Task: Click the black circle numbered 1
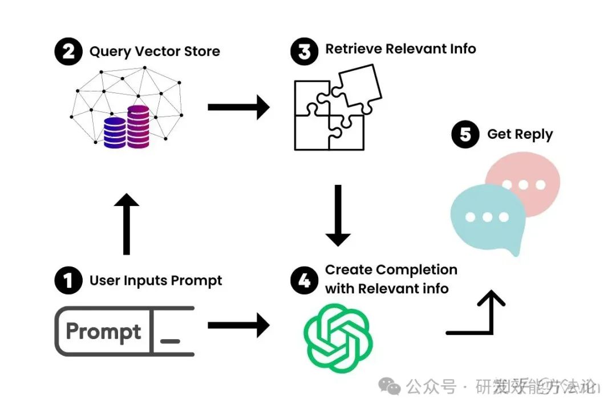[x=68, y=280]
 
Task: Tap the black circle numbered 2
[x=68, y=52]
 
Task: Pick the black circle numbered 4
[x=304, y=280]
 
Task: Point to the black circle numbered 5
[x=465, y=135]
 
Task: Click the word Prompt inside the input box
[x=103, y=332]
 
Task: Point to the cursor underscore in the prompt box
[x=170, y=341]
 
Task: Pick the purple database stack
[x=138, y=126]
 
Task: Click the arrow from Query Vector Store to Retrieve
[x=238, y=107]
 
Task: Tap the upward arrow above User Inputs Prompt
[x=126, y=224]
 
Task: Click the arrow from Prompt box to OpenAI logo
[x=238, y=326]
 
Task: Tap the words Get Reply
[x=520, y=135]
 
